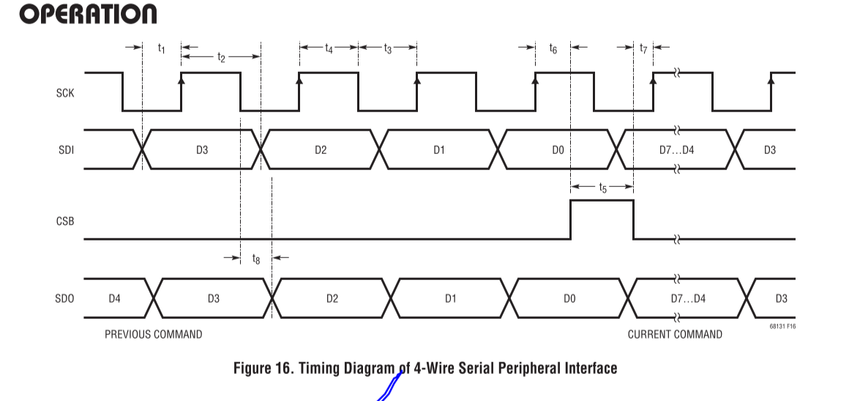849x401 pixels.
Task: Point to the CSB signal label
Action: (66, 220)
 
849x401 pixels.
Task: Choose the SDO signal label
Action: (66, 298)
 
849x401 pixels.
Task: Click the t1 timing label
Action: (162, 48)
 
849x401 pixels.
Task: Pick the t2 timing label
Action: (221, 56)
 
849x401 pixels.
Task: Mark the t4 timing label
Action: (329, 49)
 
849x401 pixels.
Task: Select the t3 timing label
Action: (387, 49)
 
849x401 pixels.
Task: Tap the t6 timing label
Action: (553, 48)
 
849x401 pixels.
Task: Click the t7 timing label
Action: (643, 48)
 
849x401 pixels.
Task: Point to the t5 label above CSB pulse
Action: (602, 188)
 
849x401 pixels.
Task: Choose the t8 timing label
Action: (255, 259)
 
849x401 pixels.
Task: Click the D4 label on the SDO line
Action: (114, 298)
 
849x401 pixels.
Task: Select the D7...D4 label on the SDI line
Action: (677, 150)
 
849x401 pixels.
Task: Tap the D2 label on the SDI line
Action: (321, 150)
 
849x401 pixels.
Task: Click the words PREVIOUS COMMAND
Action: (153, 334)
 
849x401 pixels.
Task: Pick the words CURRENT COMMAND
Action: (675, 334)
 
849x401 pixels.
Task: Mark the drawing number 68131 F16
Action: (782, 326)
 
